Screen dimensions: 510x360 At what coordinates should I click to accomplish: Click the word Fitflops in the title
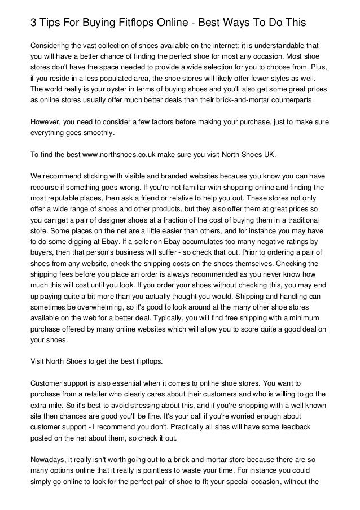pyautogui.click(x=134, y=23)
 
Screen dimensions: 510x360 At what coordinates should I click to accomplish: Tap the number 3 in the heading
pyautogui.click(x=34, y=23)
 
